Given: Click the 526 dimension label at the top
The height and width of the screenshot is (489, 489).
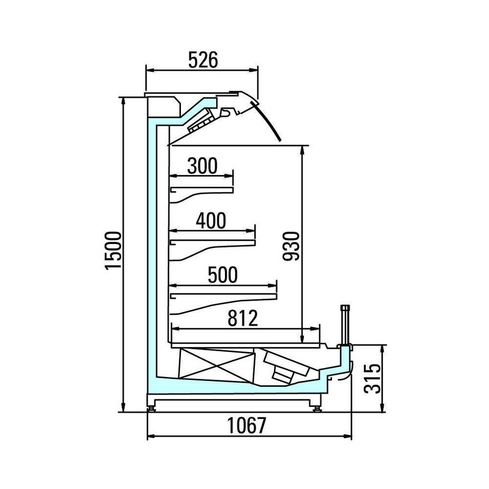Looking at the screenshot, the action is pyautogui.click(x=203, y=60).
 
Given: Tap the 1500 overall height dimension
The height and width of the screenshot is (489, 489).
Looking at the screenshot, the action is pyautogui.click(x=113, y=250).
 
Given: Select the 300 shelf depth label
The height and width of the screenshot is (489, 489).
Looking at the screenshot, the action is pyautogui.click(x=203, y=166).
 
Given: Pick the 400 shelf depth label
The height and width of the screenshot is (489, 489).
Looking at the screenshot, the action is pyautogui.click(x=211, y=221).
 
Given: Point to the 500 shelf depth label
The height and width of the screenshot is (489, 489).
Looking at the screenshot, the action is pyautogui.click(x=223, y=275).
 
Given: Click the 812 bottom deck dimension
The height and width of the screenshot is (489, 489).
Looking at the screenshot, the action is pyautogui.click(x=243, y=318).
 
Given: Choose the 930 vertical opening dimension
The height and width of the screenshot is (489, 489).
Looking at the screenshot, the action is pyautogui.click(x=291, y=246).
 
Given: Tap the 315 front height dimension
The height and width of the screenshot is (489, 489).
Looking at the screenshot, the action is pyautogui.click(x=372, y=378).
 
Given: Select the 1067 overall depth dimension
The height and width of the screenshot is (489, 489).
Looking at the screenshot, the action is pyautogui.click(x=247, y=425).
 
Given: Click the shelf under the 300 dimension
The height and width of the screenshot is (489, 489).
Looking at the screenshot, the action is pyautogui.click(x=202, y=193).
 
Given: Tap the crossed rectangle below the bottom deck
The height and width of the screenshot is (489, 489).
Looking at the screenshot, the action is pyautogui.click(x=216, y=364).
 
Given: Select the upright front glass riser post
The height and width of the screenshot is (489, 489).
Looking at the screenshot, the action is pyautogui.click(x=345, y=325).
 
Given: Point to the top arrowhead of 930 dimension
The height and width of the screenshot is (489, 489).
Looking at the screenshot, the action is pyautogui.click(x=302, y=151).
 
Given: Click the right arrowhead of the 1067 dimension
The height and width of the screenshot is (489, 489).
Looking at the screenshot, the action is pyautogui.click(x=347, y=436).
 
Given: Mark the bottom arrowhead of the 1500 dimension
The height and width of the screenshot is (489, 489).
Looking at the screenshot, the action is pyautogui.click(x=123, y=407).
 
